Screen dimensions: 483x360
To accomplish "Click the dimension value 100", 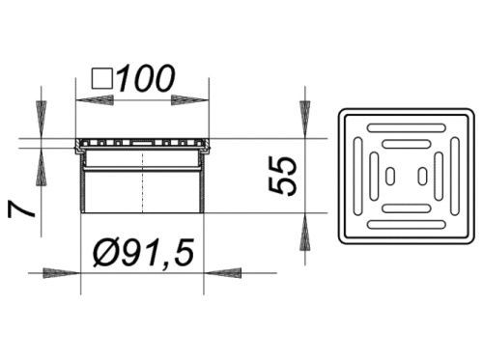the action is [x=146, y=78].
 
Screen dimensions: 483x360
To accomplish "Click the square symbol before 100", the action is [x=102, y=79].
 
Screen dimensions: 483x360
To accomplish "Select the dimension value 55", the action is [x=282, y=176].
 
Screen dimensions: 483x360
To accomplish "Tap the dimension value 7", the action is [x=21, y=210].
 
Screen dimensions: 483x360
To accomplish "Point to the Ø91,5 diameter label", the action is [x=143, y=253].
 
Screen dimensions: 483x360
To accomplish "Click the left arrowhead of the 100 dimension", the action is [x=94, y=100].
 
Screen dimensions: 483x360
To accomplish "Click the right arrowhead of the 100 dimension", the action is [x=190, y=100].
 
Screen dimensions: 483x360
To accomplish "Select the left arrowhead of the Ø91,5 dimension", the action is [x=62, y=273].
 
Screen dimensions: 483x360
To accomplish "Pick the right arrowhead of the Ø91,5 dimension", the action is [x=222, y=273].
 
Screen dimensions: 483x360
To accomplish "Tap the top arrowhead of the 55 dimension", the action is [x=304, y=120].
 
